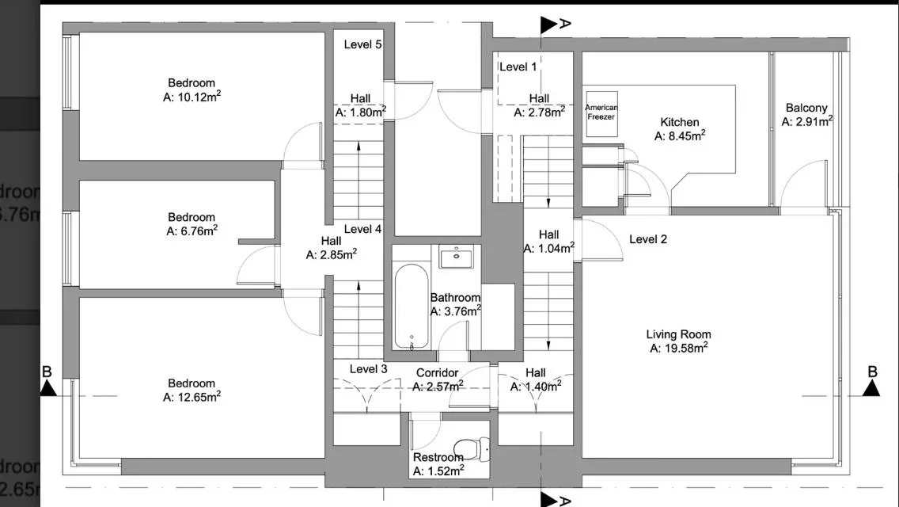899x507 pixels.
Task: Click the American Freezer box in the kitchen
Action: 601,114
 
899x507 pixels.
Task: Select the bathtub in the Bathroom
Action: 412,307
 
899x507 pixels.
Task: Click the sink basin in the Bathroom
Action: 457,257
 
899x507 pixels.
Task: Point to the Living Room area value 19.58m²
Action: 679,348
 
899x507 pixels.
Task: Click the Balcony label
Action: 806,108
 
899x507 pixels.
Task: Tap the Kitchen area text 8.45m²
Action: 680,135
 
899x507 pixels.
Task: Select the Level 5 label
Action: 363,44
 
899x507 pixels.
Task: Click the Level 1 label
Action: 518,67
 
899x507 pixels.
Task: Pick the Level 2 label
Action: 648,239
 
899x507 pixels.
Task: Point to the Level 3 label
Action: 369,368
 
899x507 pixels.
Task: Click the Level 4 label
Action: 363,229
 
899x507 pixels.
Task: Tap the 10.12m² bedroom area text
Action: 192,97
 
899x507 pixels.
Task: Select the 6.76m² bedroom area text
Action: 192,231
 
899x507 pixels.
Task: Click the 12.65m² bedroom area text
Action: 192,397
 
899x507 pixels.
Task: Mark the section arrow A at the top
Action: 549,25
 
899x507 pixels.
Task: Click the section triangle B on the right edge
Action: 871,388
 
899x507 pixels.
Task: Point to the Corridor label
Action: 438,372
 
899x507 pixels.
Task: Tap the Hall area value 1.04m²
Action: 549,248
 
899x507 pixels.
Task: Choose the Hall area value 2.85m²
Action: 332,254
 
